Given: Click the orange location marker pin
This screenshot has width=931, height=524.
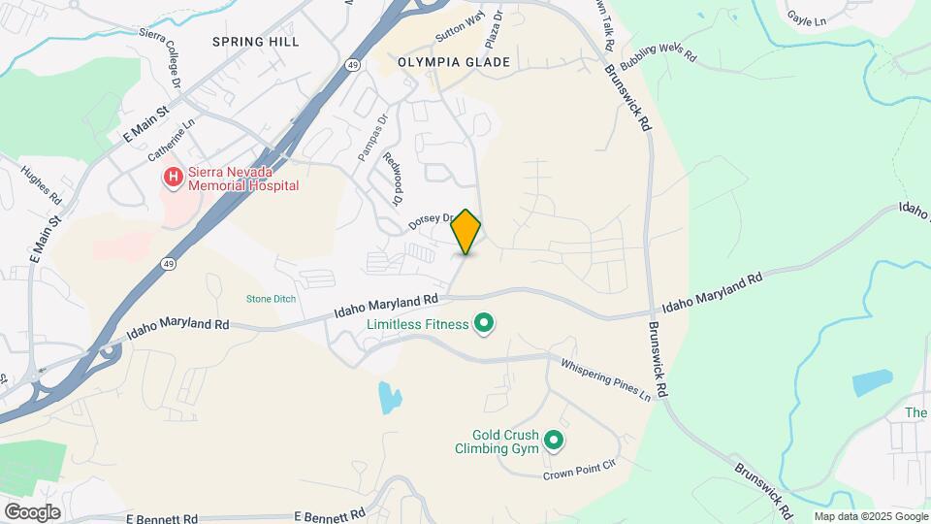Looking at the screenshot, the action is pyautogui.click(x=465, y=231).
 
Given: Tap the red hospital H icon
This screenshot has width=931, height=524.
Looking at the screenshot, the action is pyautogui.click(x=173, y=177).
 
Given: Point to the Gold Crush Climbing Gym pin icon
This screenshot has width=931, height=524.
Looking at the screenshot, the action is pyautogui.click(x=554, y=442).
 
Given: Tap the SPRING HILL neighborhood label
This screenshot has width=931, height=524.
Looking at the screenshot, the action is pyautogui.click(x=256, y=42).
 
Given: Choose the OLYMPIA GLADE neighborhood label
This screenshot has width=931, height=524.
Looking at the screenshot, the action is pyautogui.click(x=454, y=62).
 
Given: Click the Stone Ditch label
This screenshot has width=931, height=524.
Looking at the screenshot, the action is pyautogui.click(x=271, y=299).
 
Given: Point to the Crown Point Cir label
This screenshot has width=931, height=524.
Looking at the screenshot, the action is pyautogui.click(x=579, y=473).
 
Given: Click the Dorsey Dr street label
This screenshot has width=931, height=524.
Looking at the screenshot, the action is pyautogui.click(x=434, y=220).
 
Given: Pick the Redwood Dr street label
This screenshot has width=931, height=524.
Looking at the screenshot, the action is pyautogui.click(x=392, y=180).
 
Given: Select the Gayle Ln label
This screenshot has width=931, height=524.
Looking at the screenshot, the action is pyautogui.click(x=806, y=18).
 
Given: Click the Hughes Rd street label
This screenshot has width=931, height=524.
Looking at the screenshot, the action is pyautogui.click(x=42, y=183).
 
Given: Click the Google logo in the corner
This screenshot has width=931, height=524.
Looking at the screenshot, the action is pyautogui.click(x=32, y=511).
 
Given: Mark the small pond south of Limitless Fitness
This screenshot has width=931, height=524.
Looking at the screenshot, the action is pyautogui.click(x=389, y=397).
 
